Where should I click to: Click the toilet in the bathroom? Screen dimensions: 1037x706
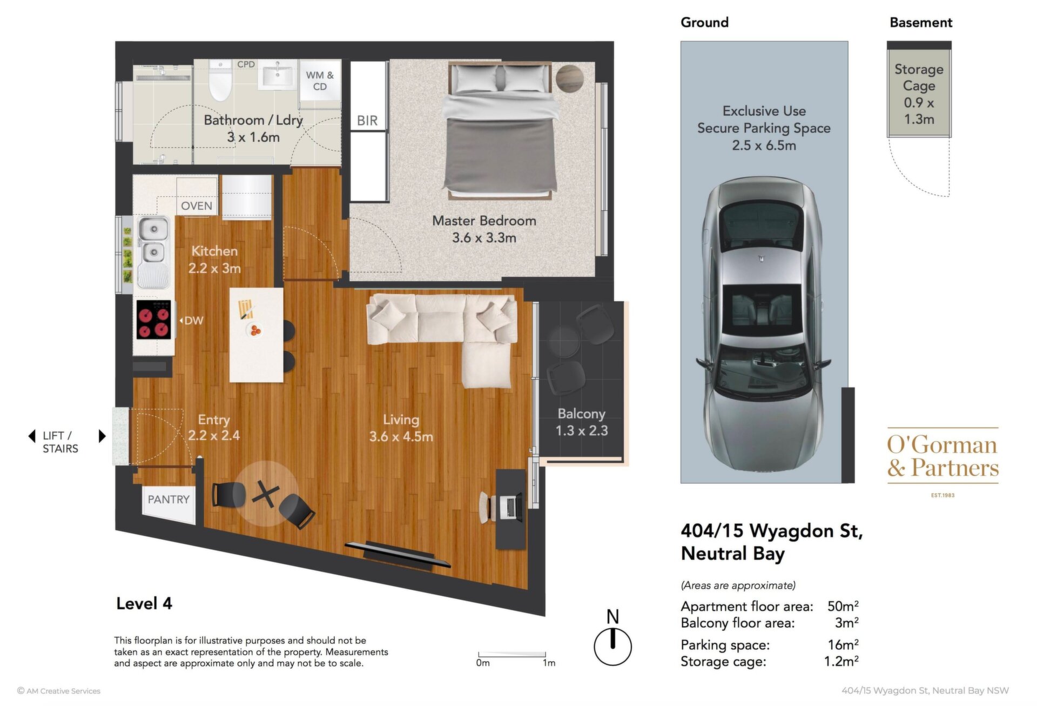(220, 81)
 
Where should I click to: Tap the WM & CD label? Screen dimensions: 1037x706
(320, 81)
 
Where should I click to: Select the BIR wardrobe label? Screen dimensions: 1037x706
(367, 121)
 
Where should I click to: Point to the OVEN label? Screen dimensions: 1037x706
(197, 206)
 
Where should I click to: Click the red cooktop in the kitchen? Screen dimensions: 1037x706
(154, 319)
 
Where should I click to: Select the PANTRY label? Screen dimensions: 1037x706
(169, 499)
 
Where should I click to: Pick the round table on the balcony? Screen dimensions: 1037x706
(563, 341)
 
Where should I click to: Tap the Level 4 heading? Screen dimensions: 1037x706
(144, 603)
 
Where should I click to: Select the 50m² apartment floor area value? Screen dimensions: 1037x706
(843, 606)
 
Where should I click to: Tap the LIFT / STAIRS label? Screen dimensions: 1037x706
(60, 442)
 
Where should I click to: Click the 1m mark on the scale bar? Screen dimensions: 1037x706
(549, 663)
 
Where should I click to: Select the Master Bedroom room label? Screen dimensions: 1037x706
(484, 229)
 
